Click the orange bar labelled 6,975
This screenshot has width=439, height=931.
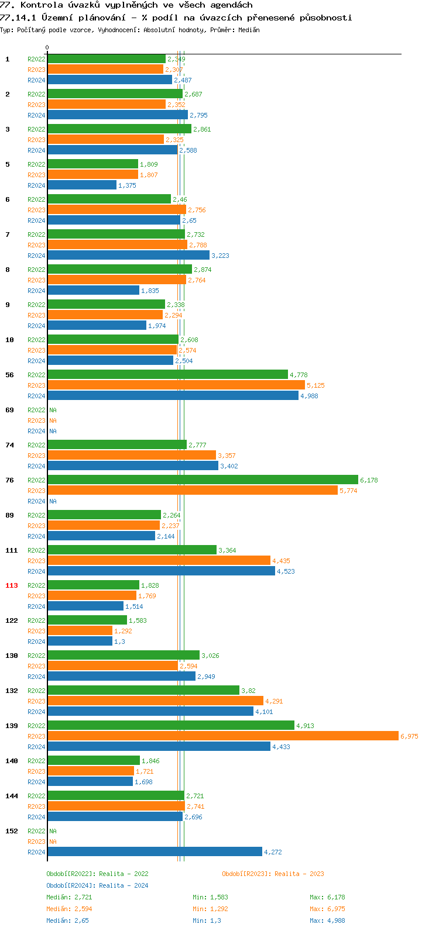point(222,736)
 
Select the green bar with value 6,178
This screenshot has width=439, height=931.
point(203,480)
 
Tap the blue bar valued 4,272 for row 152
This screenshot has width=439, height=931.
point(155,851)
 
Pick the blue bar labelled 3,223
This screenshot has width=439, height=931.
point(128,255)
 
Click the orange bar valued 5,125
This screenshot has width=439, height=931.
point(176,385)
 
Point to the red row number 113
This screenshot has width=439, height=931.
point(12,585)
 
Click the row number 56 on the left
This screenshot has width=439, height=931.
point(9,375)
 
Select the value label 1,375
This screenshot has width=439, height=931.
point(127,185)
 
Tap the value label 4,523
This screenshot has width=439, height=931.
point(286,571)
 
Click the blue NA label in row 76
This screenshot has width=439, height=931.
point(53,501)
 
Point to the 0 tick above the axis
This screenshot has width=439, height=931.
point(47,48)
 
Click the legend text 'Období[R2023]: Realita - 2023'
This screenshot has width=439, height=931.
point(273,874)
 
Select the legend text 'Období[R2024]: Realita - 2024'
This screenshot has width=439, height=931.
point(97,885)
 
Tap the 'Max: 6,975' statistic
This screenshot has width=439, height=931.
point(327,909)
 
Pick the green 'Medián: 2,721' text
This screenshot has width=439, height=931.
point(69,897)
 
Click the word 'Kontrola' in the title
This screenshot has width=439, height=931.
point(40,5)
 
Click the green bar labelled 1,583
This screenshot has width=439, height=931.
point(87,620)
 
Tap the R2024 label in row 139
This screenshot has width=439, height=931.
point(36,747)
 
